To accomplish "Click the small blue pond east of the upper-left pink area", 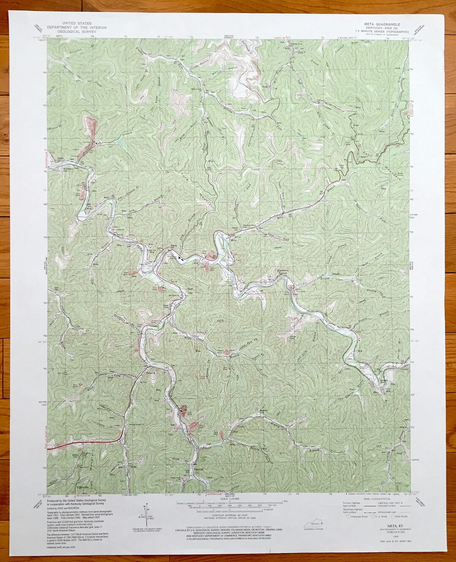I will click(x=119, y=143).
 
